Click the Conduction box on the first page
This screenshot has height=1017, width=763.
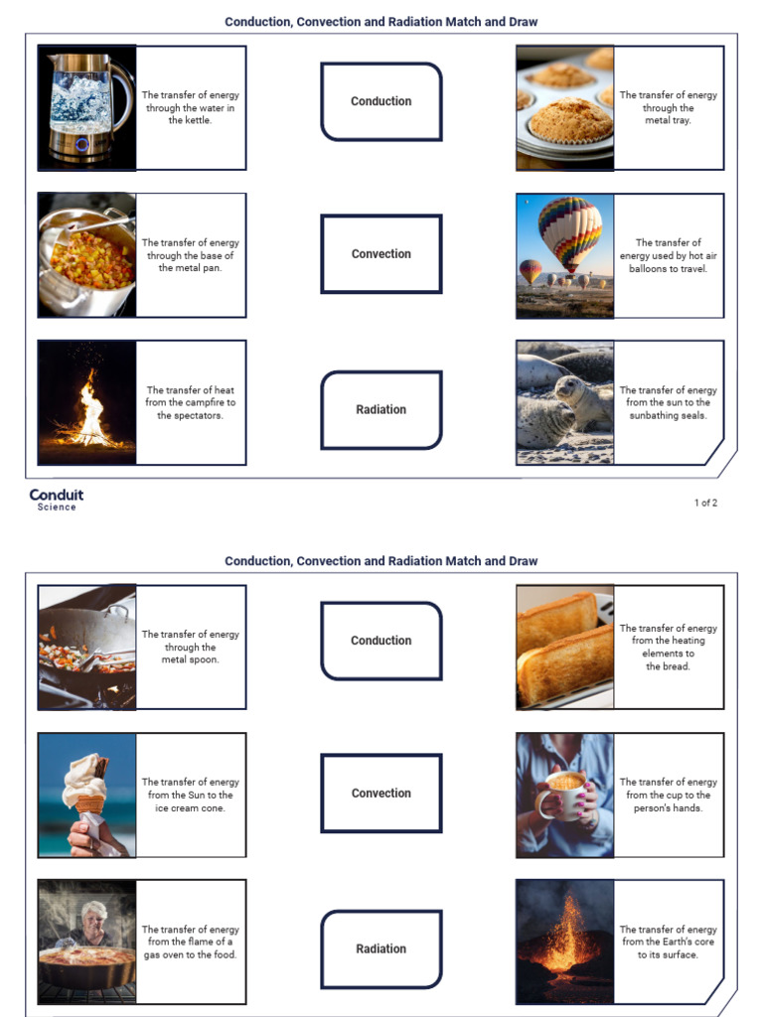click(x=381, y=101)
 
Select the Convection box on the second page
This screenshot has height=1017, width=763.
click(x=381, y=793)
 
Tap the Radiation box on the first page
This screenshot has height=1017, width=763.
click(x=381, y=409)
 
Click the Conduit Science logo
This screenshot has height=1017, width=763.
click(x=57, y=499)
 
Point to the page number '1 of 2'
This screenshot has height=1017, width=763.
click(x=704, y=503)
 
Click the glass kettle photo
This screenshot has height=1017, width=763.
click(x=86, y=107)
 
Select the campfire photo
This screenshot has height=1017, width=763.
click(x=86, y=402)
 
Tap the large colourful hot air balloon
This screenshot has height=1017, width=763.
click(x=569, y=233)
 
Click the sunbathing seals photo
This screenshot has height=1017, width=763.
click(x=564, y=402)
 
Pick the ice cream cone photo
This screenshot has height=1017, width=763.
click(x=86, y=795)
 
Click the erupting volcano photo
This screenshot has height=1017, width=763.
click(x=564, y=942)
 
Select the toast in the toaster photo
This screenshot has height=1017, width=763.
click(x=564, y=647)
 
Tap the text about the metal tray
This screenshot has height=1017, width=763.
click(x=668, y=107)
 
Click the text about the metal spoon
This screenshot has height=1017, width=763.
click(x=190, y=647)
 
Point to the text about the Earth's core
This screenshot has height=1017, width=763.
click(x=668, y=942)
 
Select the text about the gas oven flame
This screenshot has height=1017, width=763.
click(x=190, y=942)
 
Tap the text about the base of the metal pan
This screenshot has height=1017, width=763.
click(x=190, y=255)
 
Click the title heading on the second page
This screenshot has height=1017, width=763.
click(x=381, y=561)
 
